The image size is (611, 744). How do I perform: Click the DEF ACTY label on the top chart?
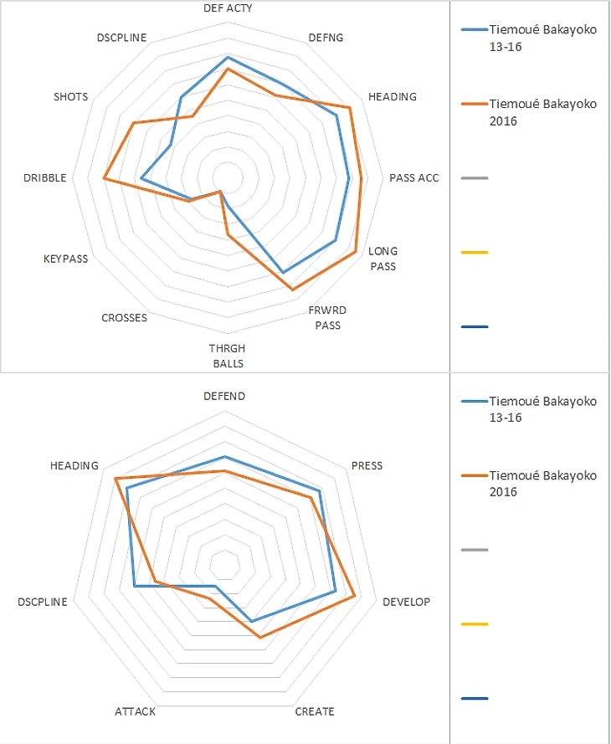point(228,8)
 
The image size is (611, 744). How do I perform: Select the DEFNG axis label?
point(326,38)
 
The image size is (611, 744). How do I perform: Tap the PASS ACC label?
point(413,177)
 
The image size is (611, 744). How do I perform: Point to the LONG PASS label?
point(383,259)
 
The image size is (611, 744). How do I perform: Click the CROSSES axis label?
point(124,318)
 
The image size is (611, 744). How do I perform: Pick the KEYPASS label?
point(65,259)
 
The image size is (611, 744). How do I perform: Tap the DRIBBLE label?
point(46,177)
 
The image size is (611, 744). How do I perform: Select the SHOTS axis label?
point(70,97)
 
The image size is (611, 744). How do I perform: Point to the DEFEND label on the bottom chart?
point(224,396)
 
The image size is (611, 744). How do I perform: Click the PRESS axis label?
point(367,465)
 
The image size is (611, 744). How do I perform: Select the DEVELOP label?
point(406,603)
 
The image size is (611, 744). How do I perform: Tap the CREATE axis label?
point(315,711)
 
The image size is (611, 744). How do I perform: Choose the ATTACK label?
point(135,711)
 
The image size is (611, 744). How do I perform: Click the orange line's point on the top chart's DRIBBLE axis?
point(104,178)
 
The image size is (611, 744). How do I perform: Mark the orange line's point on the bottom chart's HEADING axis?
point(116,479)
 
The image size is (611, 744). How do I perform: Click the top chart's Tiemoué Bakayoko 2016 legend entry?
point(542,112)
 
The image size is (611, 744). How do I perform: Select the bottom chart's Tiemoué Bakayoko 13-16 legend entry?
point(542,409)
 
